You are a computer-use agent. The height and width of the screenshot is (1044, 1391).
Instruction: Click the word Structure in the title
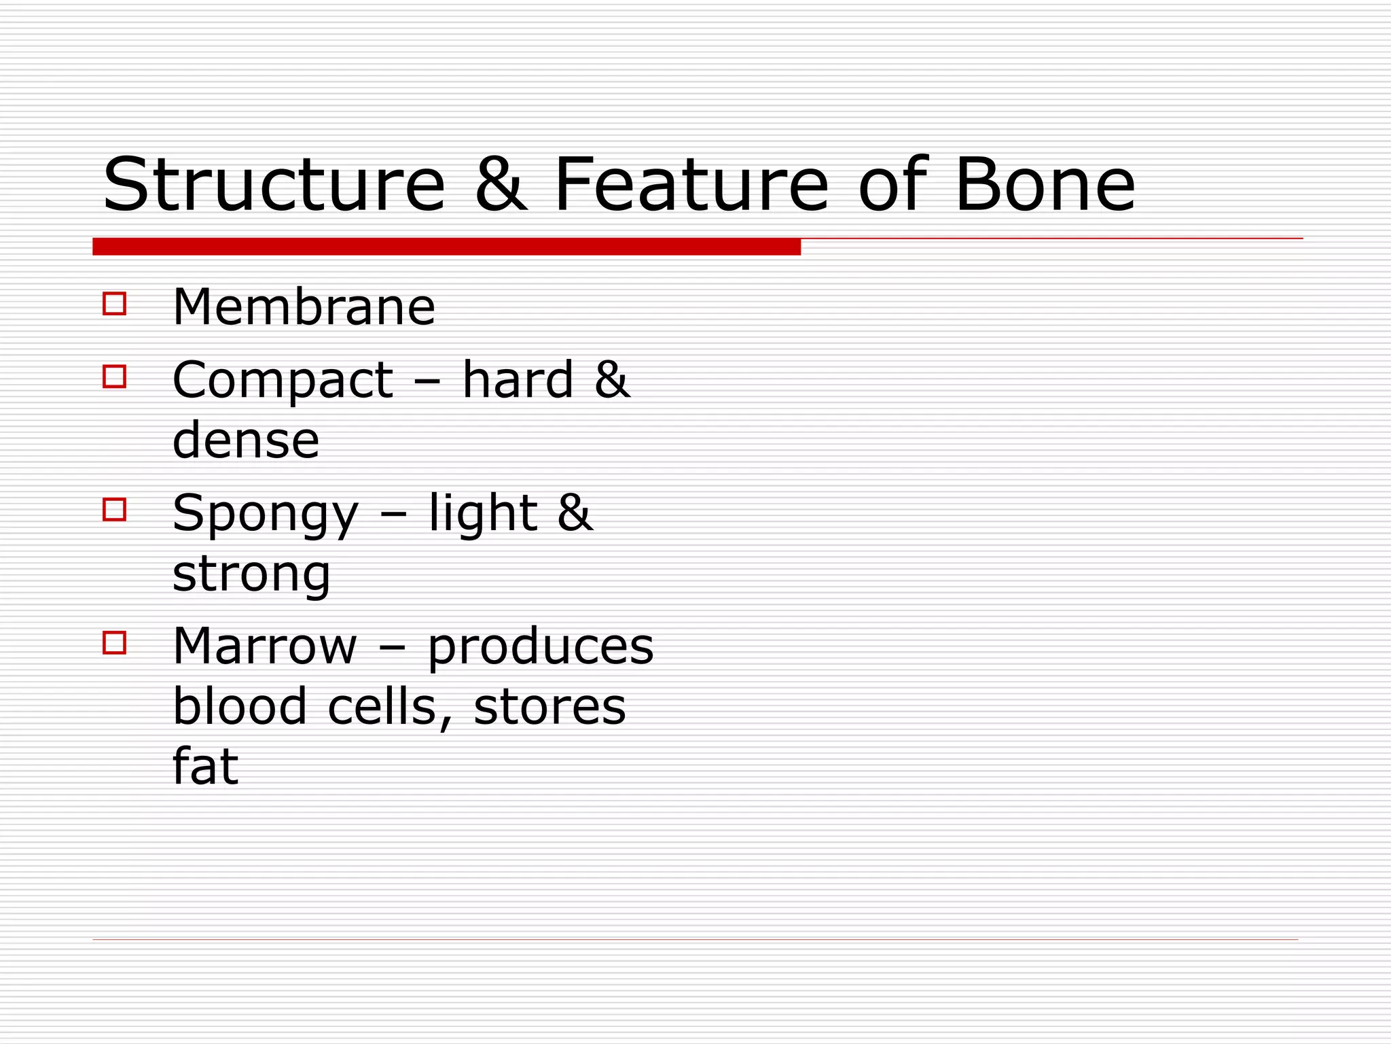pyautogui.click(x=274, y=184)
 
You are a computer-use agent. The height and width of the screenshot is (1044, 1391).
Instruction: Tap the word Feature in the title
pyautogui.click(x=691, y=184)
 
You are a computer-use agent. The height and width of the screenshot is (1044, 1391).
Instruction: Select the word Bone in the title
pyautogui.click(x=1045, y=184)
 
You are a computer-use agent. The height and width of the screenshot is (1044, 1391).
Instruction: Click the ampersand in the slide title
pyautogui.click(x=501, y=184)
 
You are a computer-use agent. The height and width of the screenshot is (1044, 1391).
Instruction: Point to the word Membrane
pyautogui.click(x=304, y=307)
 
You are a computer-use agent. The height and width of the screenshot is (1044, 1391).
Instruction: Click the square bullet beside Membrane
pyautogui.click(x=115, y=303)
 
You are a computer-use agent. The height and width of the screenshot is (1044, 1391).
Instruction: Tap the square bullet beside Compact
pyautogui.click(x=115, y=377)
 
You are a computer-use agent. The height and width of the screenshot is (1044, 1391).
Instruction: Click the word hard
pyautogui.click(x=518, y=379)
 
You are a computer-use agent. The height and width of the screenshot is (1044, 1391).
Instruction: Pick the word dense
pyautogui.click(x=246, y=440)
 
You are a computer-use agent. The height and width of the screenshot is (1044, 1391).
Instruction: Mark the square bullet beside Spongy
pyautogui.click(x=115, y=510)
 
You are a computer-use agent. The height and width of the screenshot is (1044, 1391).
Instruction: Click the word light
pyautogui.click(x=483, y=514)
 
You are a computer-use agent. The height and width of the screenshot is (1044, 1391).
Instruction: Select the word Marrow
pyautogui.click(x=265, y=646)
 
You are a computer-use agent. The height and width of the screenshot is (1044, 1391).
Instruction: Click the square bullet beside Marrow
pyautogui.click(x=115, y=643)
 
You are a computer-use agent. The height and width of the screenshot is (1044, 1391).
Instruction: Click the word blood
pyautogui.click(x=240, y=707)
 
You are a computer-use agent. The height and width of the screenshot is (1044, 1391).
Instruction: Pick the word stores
pyautogui.click(x=549, y=707)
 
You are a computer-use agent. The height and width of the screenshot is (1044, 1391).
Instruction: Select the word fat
pyautogui.click(x=205, y=767)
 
